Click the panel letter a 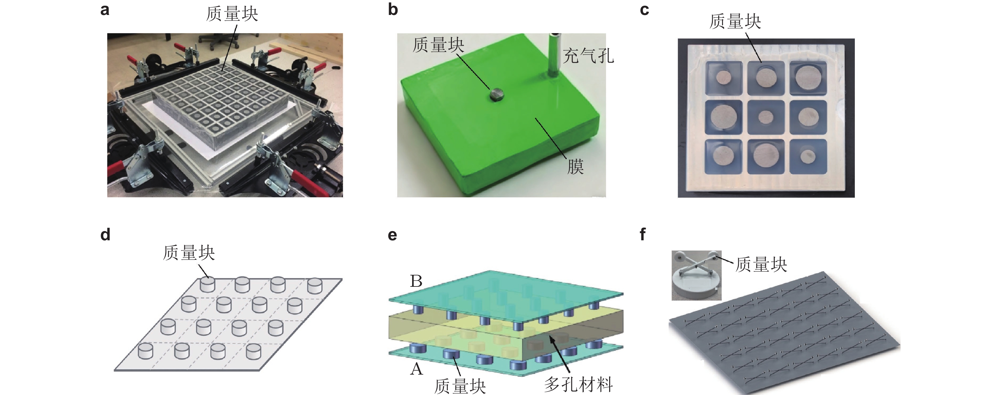(x=105, y=10)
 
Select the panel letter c (x=644, y=10)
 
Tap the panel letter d (x=105, y=235)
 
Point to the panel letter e (x=392, y=236)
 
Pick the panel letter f (x=643, y=234)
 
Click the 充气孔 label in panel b (x=588, y=56)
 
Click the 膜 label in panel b (x=575, y=166)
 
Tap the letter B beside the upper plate (x=416, y=281)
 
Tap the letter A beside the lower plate (x=416, y=368)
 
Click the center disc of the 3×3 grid (x=766, y=117)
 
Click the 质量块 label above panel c (x=735, y=21)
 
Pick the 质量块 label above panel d (x=189, y=253)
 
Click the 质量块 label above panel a (x=232, y=14)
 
